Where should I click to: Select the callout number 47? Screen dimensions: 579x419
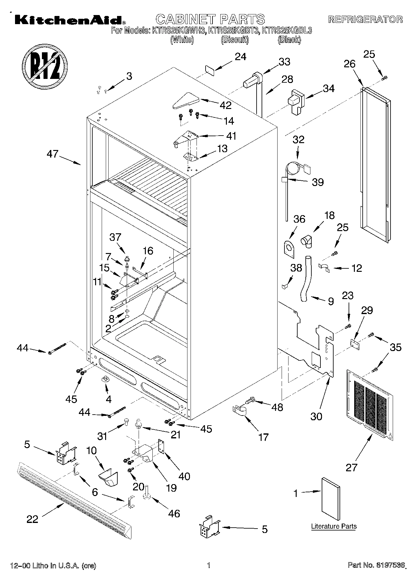[53, 154]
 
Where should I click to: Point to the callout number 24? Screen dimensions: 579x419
[240, 57]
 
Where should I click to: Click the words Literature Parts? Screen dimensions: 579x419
[334, 526]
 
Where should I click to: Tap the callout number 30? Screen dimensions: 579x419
[316, 416]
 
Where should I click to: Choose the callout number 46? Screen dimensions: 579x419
[174, 513]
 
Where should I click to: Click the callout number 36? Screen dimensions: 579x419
[299, 219]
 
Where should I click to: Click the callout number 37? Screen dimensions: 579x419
[115, 237]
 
